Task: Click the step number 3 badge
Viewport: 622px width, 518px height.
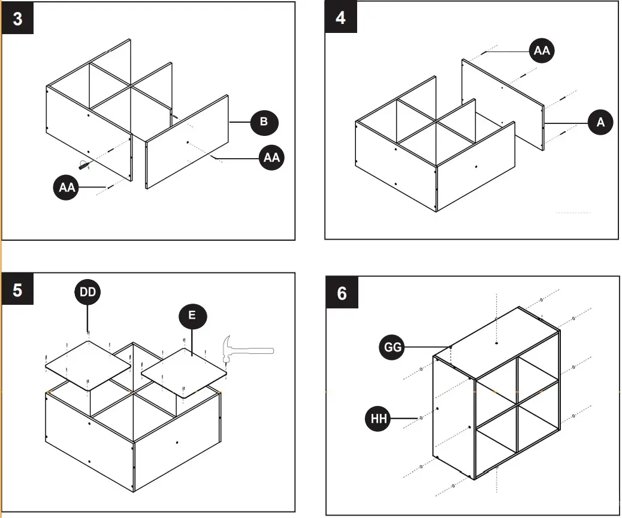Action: tap(17, 19)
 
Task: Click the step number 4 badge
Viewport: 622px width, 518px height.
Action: tap(340, 17)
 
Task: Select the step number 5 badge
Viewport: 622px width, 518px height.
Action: tap(17, 290)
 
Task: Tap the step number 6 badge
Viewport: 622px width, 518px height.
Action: tap(342, 293)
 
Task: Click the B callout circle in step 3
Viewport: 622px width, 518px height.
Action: tap(264, 122)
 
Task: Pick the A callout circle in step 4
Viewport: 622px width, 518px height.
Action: tap(600, 122)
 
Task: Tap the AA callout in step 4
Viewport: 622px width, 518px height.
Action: tap(541, 51)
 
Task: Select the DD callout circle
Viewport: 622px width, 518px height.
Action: tap(87, 292)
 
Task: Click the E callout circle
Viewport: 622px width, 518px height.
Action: tap(192, 315)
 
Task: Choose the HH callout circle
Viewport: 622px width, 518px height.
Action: tap(379, 418)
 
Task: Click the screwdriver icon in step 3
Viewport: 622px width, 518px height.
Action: tap(86, 164)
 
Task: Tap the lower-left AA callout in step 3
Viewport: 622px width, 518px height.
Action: tap(67, 187)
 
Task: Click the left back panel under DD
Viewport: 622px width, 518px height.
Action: tap(88, 367)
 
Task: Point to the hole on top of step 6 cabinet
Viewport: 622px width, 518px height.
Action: tap(497, 343)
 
